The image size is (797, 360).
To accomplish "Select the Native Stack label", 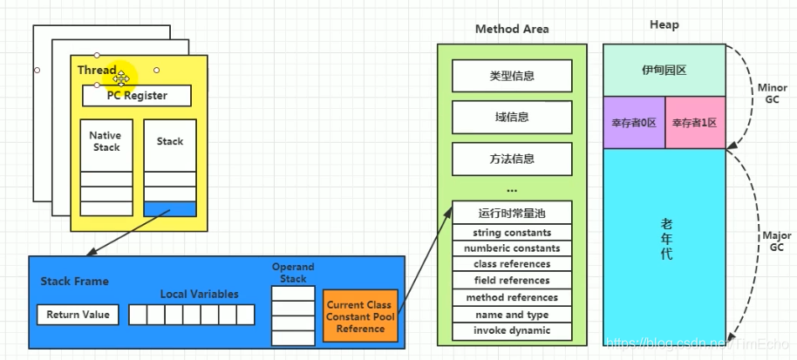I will [106, 141].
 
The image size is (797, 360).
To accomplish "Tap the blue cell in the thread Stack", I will [170, 209].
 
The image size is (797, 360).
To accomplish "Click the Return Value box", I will [78, 315].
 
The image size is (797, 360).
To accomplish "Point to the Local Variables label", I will [199, 295].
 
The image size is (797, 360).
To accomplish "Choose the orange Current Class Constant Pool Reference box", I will [360, 316].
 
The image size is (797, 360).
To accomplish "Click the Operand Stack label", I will [293, 273].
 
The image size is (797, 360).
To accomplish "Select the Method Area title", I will [512, 29].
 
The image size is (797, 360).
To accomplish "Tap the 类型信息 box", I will [512, 76].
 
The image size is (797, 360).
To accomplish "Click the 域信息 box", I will [512, 117].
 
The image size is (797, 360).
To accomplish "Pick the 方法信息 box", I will [512, 159].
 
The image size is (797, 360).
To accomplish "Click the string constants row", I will [512, 233].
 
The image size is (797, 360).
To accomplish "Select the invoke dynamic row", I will [512, 330].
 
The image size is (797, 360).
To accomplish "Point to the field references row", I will [512, 281].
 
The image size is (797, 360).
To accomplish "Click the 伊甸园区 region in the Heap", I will [664, 70].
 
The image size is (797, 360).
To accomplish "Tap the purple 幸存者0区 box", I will [634, 123].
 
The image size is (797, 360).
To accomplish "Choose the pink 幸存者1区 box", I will [695, 123].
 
